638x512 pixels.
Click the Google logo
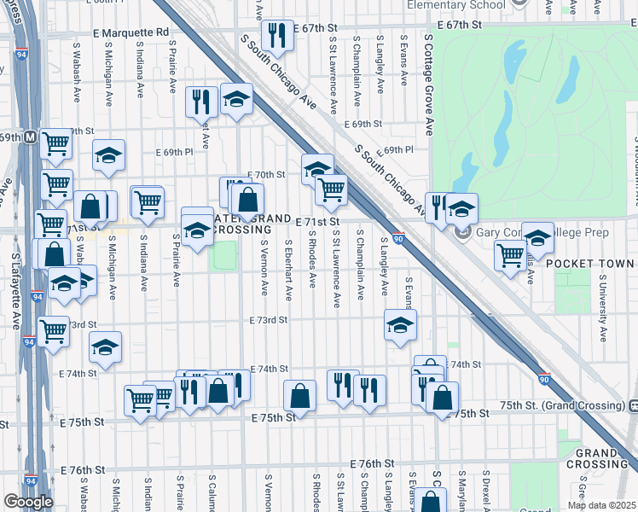[28, 502]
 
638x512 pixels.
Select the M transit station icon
[30, 137]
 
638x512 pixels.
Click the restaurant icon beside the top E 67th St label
[276, 35]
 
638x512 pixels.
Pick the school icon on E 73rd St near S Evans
[400, 325]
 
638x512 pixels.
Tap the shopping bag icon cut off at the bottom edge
[432, 502]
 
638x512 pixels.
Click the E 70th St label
[266, 175]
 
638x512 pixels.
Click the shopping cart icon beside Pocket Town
[510, 255]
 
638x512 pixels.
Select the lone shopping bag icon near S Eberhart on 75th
[299, 395]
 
